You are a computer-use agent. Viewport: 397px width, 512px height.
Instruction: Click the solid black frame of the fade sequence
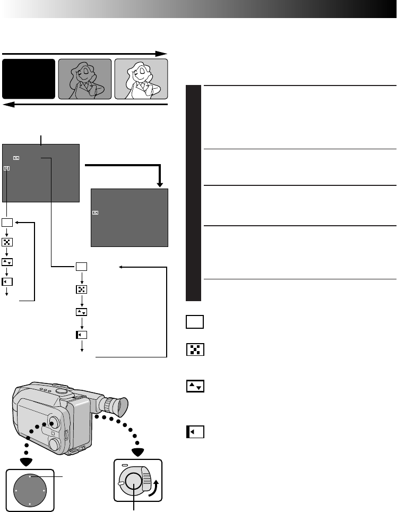pyautogui.click(x=29, y=79)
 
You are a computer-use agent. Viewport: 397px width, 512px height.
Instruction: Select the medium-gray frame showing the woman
pyautogui.click(x=85, y=79)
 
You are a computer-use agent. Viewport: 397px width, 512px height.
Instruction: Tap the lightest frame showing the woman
pyautogui.click(x=141, y=79)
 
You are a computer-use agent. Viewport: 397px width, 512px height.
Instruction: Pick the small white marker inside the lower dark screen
pyautogui.click(x=95, y=212)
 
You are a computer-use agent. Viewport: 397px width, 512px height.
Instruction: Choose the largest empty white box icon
pyautogui.click(x=194, y=322)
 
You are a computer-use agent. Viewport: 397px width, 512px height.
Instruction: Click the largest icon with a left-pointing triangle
pyautogui.click(x=194, y=431)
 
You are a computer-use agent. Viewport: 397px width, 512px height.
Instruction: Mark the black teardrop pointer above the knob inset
pyautogui.click(x=137, y=452)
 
